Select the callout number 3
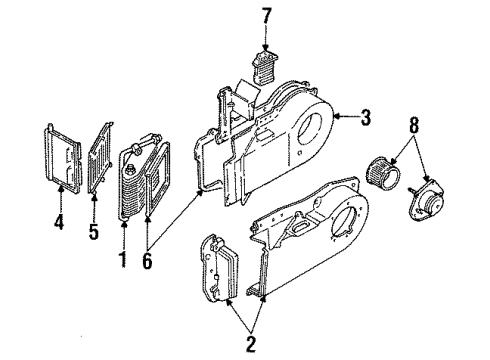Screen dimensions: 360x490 [366, 119]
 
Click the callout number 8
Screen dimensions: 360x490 [413, 128]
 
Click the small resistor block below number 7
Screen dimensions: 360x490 [264, 70]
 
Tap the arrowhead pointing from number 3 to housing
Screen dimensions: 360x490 [336, 119]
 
